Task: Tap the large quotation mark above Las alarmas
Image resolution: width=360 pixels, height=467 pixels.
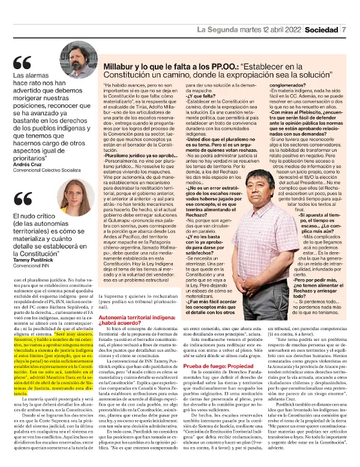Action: (22, 62)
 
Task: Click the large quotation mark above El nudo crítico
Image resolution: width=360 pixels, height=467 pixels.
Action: (22, 199)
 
